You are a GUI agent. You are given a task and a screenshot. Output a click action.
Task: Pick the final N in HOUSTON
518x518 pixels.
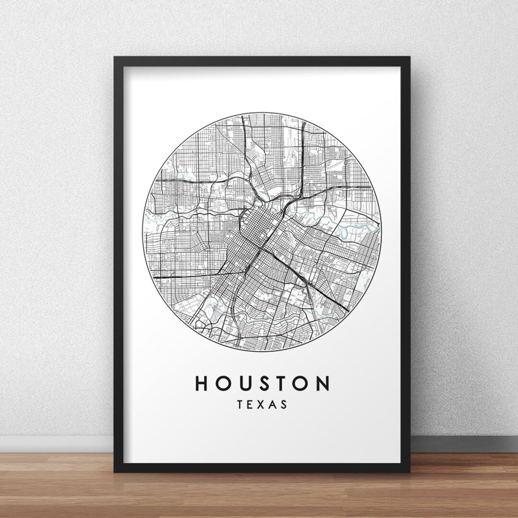324,384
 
